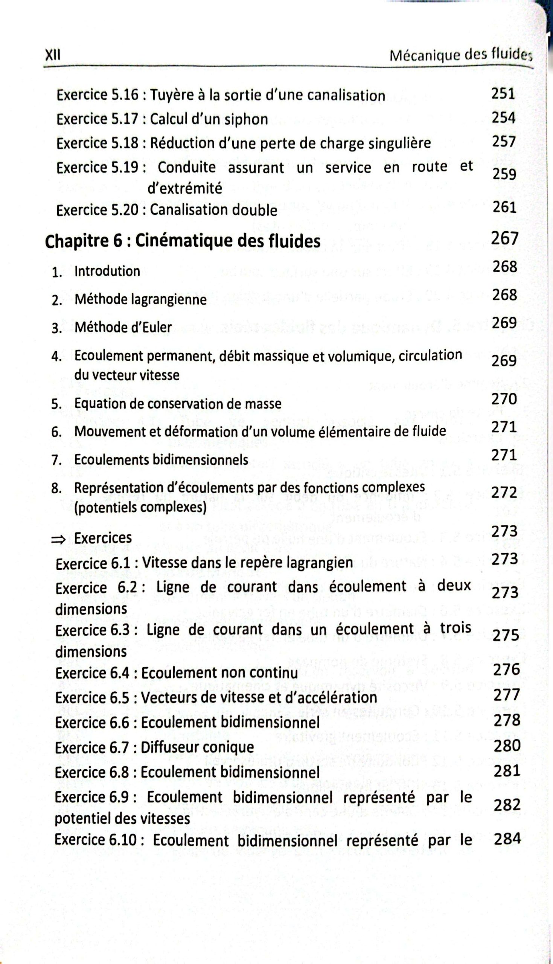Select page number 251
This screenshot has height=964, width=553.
point(503,93)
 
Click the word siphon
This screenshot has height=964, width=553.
point(246,119)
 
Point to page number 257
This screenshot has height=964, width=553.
point(504,142)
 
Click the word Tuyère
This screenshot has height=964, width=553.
point(171,95)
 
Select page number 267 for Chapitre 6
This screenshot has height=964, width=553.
point(504,238)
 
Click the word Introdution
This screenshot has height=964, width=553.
point(107,271)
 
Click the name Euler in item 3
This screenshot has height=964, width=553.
point(158,327)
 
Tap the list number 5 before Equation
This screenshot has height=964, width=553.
point(56,404)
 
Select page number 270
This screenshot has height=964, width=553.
point(504,399)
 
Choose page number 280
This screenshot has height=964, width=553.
point(507,746)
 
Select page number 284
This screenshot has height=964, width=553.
point(507,839)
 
